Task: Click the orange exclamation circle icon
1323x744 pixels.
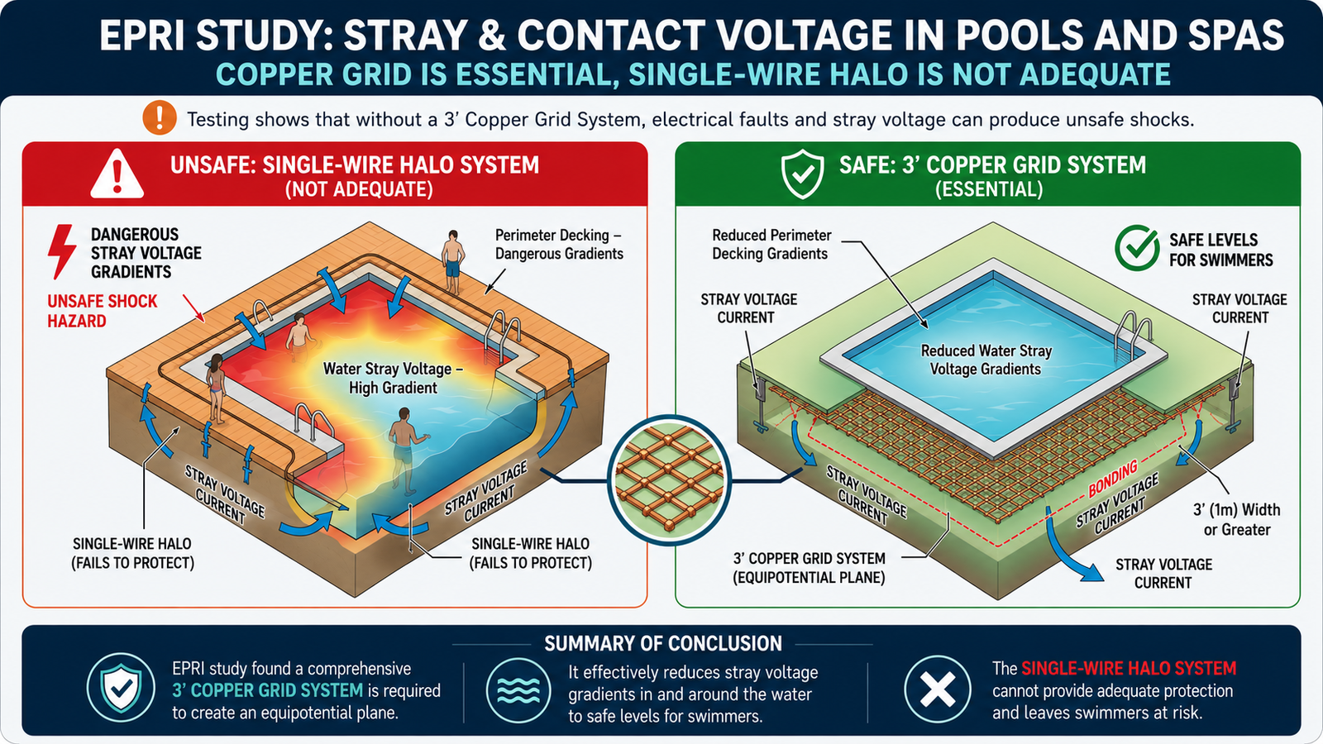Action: tap(160, 117)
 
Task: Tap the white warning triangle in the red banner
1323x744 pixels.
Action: tap(117, 174)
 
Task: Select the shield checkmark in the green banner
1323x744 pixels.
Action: tap(802, 174)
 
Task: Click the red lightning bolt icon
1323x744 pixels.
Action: tap(61, 251)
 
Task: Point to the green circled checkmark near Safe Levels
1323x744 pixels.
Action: tap(1137, 248)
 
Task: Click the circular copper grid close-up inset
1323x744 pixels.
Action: tap(669, 479)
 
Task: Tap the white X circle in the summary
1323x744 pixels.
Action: tap(938, 689)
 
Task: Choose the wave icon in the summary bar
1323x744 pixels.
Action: tap(518, 689)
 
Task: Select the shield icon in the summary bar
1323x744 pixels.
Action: tap(121, 688)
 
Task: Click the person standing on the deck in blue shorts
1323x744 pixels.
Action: tap(452, 261)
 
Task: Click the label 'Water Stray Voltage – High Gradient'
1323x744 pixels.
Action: tap(393, 378)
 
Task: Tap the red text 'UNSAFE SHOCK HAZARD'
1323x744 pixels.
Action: tap(103, 311)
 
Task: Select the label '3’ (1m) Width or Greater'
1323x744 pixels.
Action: tap(1236, 520)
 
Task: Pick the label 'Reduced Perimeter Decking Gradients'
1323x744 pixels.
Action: tap(771, 245)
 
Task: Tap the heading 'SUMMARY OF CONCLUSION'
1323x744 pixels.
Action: tap(662, 643)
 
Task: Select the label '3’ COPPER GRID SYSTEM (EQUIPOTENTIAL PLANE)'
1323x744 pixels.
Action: tap(809, 567)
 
